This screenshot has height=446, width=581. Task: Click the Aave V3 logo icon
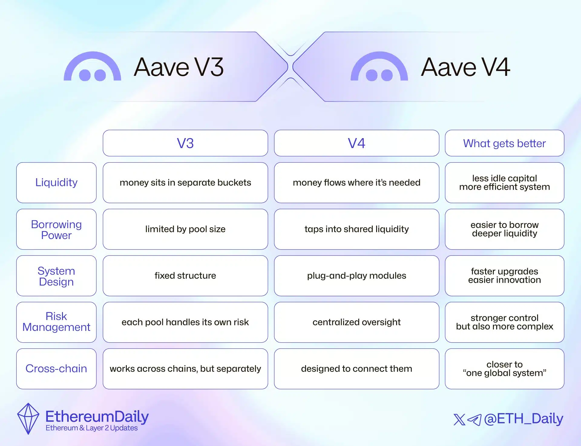pyautogui.click(x=92, y=67)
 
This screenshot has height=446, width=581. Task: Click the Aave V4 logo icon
pyautogui.click(x=379, y=67)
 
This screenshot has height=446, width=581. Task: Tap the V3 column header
pyautogui.click(x=185, y=143)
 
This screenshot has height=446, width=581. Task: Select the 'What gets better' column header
pyautogui.click(x=504, y=143)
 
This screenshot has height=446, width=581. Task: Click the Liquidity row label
pyautogui.click(x=56, y=183)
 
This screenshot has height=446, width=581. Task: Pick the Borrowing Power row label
pyautogui.click(x=56, y=229)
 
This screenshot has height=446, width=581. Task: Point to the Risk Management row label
pyautogui.click(x=56, y=322)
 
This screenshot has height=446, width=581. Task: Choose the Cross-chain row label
pyautogui.click(x=56, y=369)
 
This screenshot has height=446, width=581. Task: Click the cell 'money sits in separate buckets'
pyautogui.click(x=185, y=183)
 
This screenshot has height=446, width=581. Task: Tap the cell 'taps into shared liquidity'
pyautogui.click(x=356, y=229)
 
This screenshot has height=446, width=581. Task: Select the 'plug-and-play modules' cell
pyautogui.click(x=356, y=276)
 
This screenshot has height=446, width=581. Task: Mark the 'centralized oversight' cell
pyautogui.click(x=356, y=322)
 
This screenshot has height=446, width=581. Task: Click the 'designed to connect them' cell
pyautogui.click(x=356, y=369)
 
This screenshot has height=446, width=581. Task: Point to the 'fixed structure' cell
pyautogui.click(x=185, y=276)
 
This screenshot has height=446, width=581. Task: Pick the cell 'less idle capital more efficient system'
pyautogui.click(x=504, y=183)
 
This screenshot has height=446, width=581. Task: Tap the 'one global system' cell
pyautogui.click(x=504, y=369)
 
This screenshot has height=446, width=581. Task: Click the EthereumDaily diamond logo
pyautogui.click(x=28, y=419)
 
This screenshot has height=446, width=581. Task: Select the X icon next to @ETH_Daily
pyautogui.click(x=459, y=420)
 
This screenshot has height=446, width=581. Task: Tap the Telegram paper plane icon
pyautogui.click(x=474, y=420)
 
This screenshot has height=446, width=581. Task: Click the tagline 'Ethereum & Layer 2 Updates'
pyautogui.click(x=92, y=428)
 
